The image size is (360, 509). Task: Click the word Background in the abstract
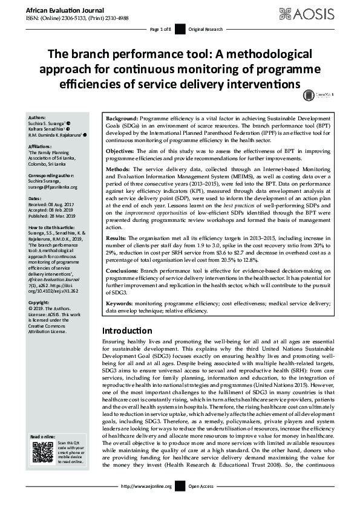point(122,118)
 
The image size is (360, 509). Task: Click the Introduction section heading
point(127,331)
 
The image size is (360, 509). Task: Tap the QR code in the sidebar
point(43,453)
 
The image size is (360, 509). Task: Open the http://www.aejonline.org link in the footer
point(147,486)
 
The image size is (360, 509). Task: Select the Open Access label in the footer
point(201,486)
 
